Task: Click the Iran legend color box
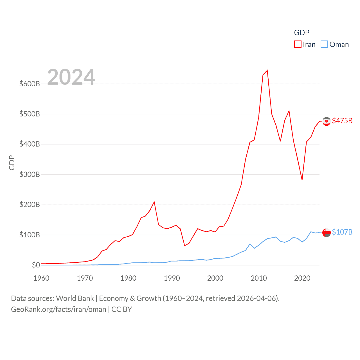click(x=298, y=44)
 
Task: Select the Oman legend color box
click(x=324, y=44)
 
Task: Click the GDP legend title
click(x=301, y=33)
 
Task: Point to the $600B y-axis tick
click(x=30, y=84)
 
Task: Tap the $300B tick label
click(x=30, y=174)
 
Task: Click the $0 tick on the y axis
click(x=36, y=265)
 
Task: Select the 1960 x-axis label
click(x=41, y=278)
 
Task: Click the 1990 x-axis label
click(x=172, y=278)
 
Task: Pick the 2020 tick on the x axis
click(x=302, y=278)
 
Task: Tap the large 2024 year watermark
click(x=71, y=77)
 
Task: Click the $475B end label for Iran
click(x=342, y=121)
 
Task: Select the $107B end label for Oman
click(x=342, y=232)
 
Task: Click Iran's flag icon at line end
click(x=326, y=121)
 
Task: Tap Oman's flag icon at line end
click(x=326, y=233)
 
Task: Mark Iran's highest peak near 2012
click(x=267, y=70)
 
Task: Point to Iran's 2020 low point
click(x=302, y=180)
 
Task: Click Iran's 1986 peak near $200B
click(x=154, y=202)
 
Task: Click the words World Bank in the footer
click(x=75, y=298)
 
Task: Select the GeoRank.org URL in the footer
click(x=58, y=309)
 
